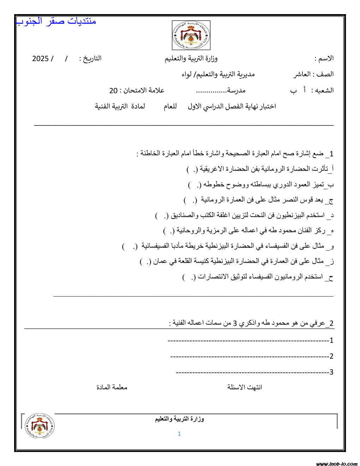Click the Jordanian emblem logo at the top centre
[191, 35]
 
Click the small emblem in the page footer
[40, 426]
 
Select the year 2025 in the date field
[40, 59]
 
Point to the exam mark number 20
[113, 91]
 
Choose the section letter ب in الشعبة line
[293, 91]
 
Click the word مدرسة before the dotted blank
[236, 90]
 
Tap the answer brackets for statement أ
[192, 169]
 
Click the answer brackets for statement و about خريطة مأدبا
[130, 247]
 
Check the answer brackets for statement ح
[188, 277]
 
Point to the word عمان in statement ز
[160, 262]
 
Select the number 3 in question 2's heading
[235, 323]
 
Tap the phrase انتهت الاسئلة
[245, 387]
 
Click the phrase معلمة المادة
[112, 387]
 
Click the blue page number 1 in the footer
[179, 434]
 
